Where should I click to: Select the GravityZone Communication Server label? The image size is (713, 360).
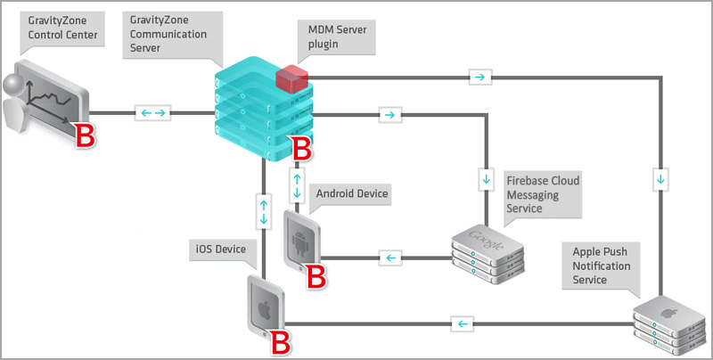[168, 34]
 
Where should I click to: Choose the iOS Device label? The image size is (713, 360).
[219, 248]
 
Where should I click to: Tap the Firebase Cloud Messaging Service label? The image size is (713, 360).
[542, 194]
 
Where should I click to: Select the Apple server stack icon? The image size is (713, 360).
[670, 323]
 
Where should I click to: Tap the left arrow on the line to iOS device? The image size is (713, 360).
[460, 323]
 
